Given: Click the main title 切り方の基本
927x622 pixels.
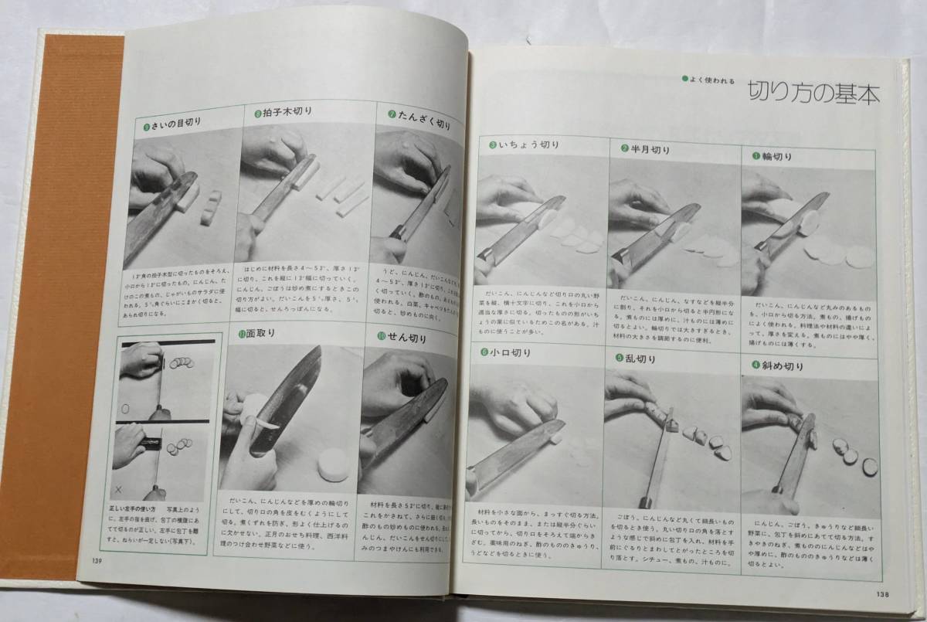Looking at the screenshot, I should pos(813,94).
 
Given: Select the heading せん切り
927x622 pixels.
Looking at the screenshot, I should pos(406,337).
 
